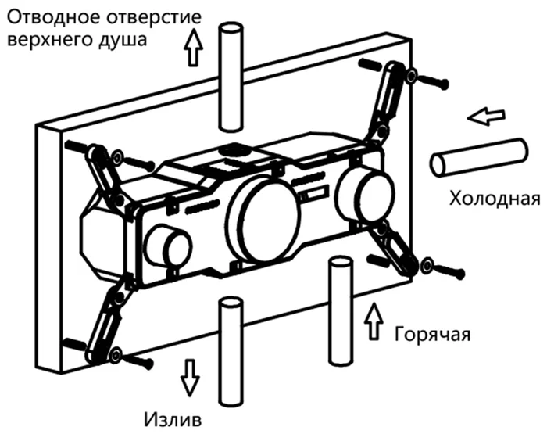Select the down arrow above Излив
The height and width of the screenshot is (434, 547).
[188, 376]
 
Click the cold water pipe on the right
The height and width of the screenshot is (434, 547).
[478, 156]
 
